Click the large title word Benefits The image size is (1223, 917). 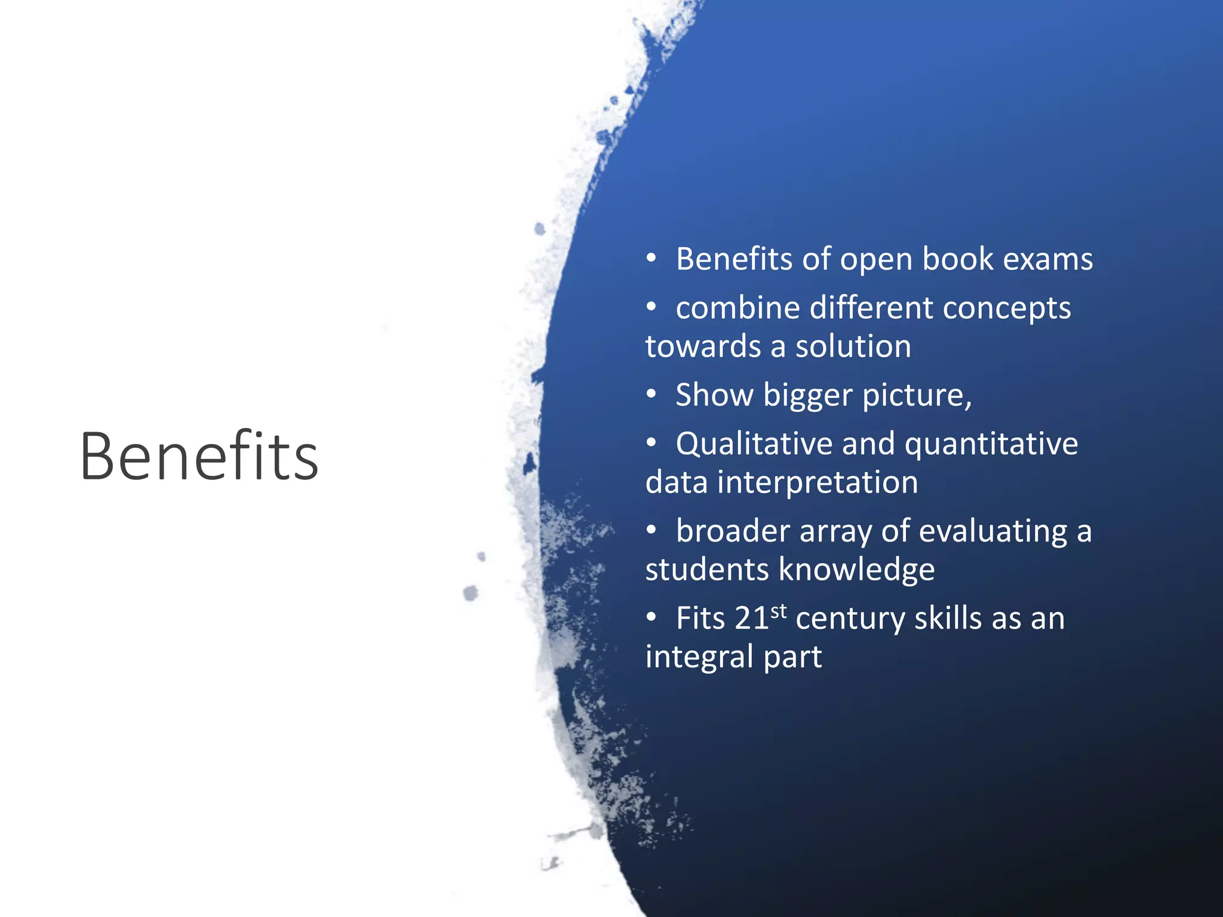tap(199, 456)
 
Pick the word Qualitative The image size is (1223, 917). tap(754, 444)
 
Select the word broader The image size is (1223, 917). tap(733, 531)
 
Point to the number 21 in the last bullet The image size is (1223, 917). tap(751, 618)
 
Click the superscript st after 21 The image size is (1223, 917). tap(779, 611)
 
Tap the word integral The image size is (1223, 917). tap(699, 657)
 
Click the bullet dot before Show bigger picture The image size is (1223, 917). tap(652, 395)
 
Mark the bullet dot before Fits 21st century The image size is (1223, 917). tap(652, 617)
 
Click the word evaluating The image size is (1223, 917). tap(993, 531)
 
